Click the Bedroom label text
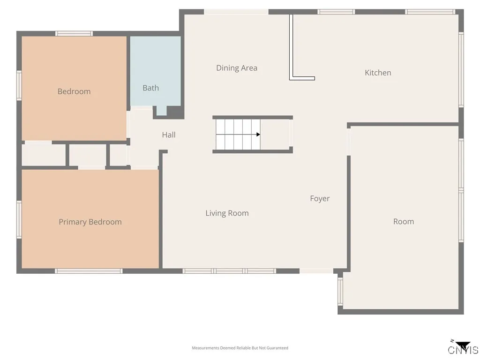tap(74, 91)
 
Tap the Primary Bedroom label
tap(90, 222)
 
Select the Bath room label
tap(150, 88)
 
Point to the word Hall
tap(169, 135)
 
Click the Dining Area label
tap(236, 68)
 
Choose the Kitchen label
tap(378, 73)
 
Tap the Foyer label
tap(320, 198)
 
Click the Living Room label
tap(227, 213)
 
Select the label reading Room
tap(403, 221)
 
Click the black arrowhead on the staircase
tap(258, 135)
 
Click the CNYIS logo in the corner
tap(463, 348)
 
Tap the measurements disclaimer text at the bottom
tap(240, 348)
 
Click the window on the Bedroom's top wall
tap(74, 33)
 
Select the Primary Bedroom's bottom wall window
tap(89, 271)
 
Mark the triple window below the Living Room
tap(229, 271)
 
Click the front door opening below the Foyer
tap(316, 271)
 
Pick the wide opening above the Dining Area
tap(236, 12)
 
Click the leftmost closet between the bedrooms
tap(44, 155)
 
